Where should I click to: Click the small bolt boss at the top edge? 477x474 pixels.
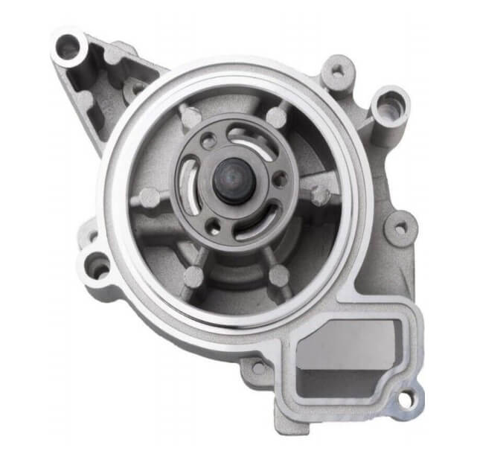338,73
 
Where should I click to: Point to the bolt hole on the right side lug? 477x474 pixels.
400,228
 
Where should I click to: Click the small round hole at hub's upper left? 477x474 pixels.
211,139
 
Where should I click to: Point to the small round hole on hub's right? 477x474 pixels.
280,179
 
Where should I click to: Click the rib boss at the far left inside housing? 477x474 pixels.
150,199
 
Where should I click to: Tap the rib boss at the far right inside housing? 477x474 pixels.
321,196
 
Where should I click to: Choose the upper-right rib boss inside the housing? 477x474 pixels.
277,117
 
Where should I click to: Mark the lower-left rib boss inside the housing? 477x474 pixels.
193,277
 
